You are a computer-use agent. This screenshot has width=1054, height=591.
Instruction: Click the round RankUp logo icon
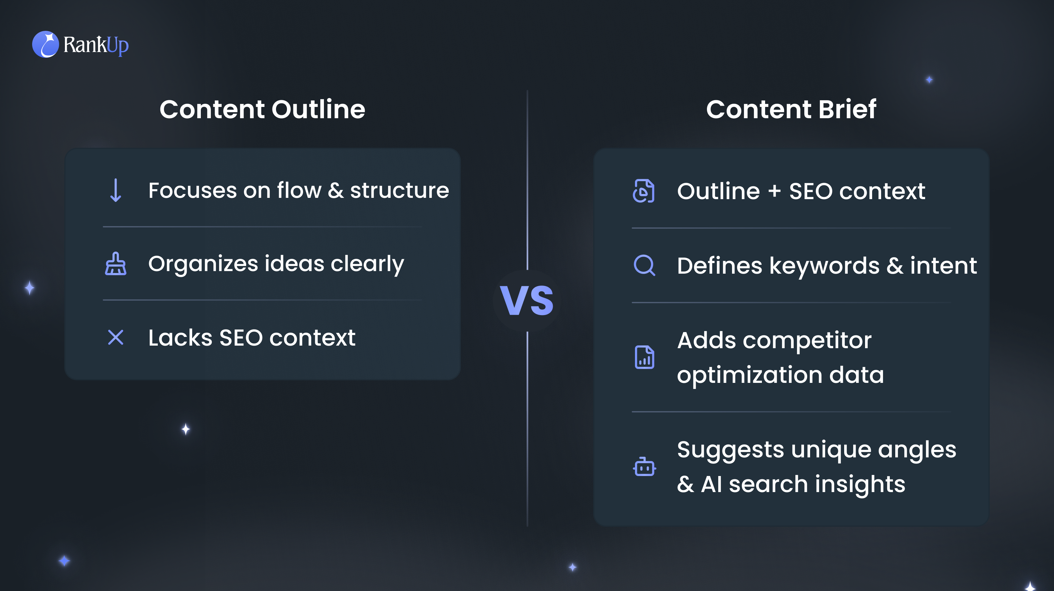pyautogui.click(x=45, y=44)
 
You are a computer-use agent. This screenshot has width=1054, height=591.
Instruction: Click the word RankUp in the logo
pyautogui.click(x=96, y=45)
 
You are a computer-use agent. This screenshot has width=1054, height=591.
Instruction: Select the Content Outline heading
pyautogui.click(x=262, y=109)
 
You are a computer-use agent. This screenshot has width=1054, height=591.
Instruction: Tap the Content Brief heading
pyautogui.click(x=791, y=109)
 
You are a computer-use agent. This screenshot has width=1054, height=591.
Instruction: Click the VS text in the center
pyautogui.click(x=527, y=301)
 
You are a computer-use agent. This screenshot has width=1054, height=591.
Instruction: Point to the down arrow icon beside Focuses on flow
pyautogui.click(x=116, y=190)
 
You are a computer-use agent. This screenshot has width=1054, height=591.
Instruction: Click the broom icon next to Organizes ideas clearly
pyautogui.click(x=116, y=263)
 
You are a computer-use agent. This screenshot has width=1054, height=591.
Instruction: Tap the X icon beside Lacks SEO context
pyautogui.click(x=116, y=338)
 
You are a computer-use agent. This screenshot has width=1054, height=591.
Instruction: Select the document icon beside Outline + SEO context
pyautogui.click(x=644, y=191)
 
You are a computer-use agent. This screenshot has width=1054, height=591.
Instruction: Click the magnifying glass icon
pyautogui.click(x=644, y=265)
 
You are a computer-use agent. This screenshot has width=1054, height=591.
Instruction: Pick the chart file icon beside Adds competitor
pyautogui.click(x=644, y=357)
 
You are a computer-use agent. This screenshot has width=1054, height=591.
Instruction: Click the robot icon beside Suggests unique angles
pyautogui.click(x=644, y=467)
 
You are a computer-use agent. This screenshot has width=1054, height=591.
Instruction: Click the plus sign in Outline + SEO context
pyautogui.click(x=774, y=191)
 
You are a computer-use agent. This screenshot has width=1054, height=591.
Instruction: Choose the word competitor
pyautogui.click(x=807, y=341)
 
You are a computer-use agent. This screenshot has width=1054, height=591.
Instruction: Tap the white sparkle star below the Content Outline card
pyautogui.click(x=186, y=429)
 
